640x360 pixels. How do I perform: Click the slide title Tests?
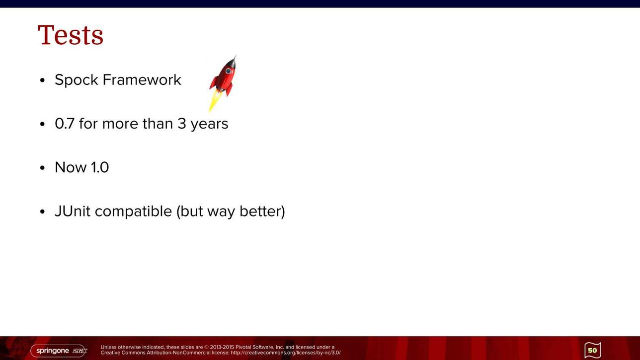[x=70, y=35]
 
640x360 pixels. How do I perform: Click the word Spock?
[x=77, y=79]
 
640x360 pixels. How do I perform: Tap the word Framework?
[x=142, y=79]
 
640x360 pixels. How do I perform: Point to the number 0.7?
[x=64, y=124]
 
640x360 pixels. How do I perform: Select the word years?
[x=209, y=124]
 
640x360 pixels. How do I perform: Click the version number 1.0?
[x=100, y=167]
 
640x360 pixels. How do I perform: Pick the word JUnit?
[x=73, y=211]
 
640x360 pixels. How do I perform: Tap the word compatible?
[x=133, y=212]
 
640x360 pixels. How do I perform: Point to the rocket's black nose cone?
[x=233, y=62]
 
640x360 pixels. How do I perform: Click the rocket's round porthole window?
[x=228, y=71]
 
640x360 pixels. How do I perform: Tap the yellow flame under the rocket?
[x=215, y=101]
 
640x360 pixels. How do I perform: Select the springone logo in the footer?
[x=59, y=351]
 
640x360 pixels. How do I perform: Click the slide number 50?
[x=593, y=350]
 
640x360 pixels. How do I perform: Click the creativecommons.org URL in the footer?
[x=285, y=353]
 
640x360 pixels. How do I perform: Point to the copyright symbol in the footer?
[x=207, y=348]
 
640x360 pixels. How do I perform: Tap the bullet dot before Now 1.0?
[x=43, y=168]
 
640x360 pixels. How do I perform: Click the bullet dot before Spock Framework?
[x=43, y=80]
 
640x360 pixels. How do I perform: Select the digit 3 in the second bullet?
[x=182, y=124]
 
